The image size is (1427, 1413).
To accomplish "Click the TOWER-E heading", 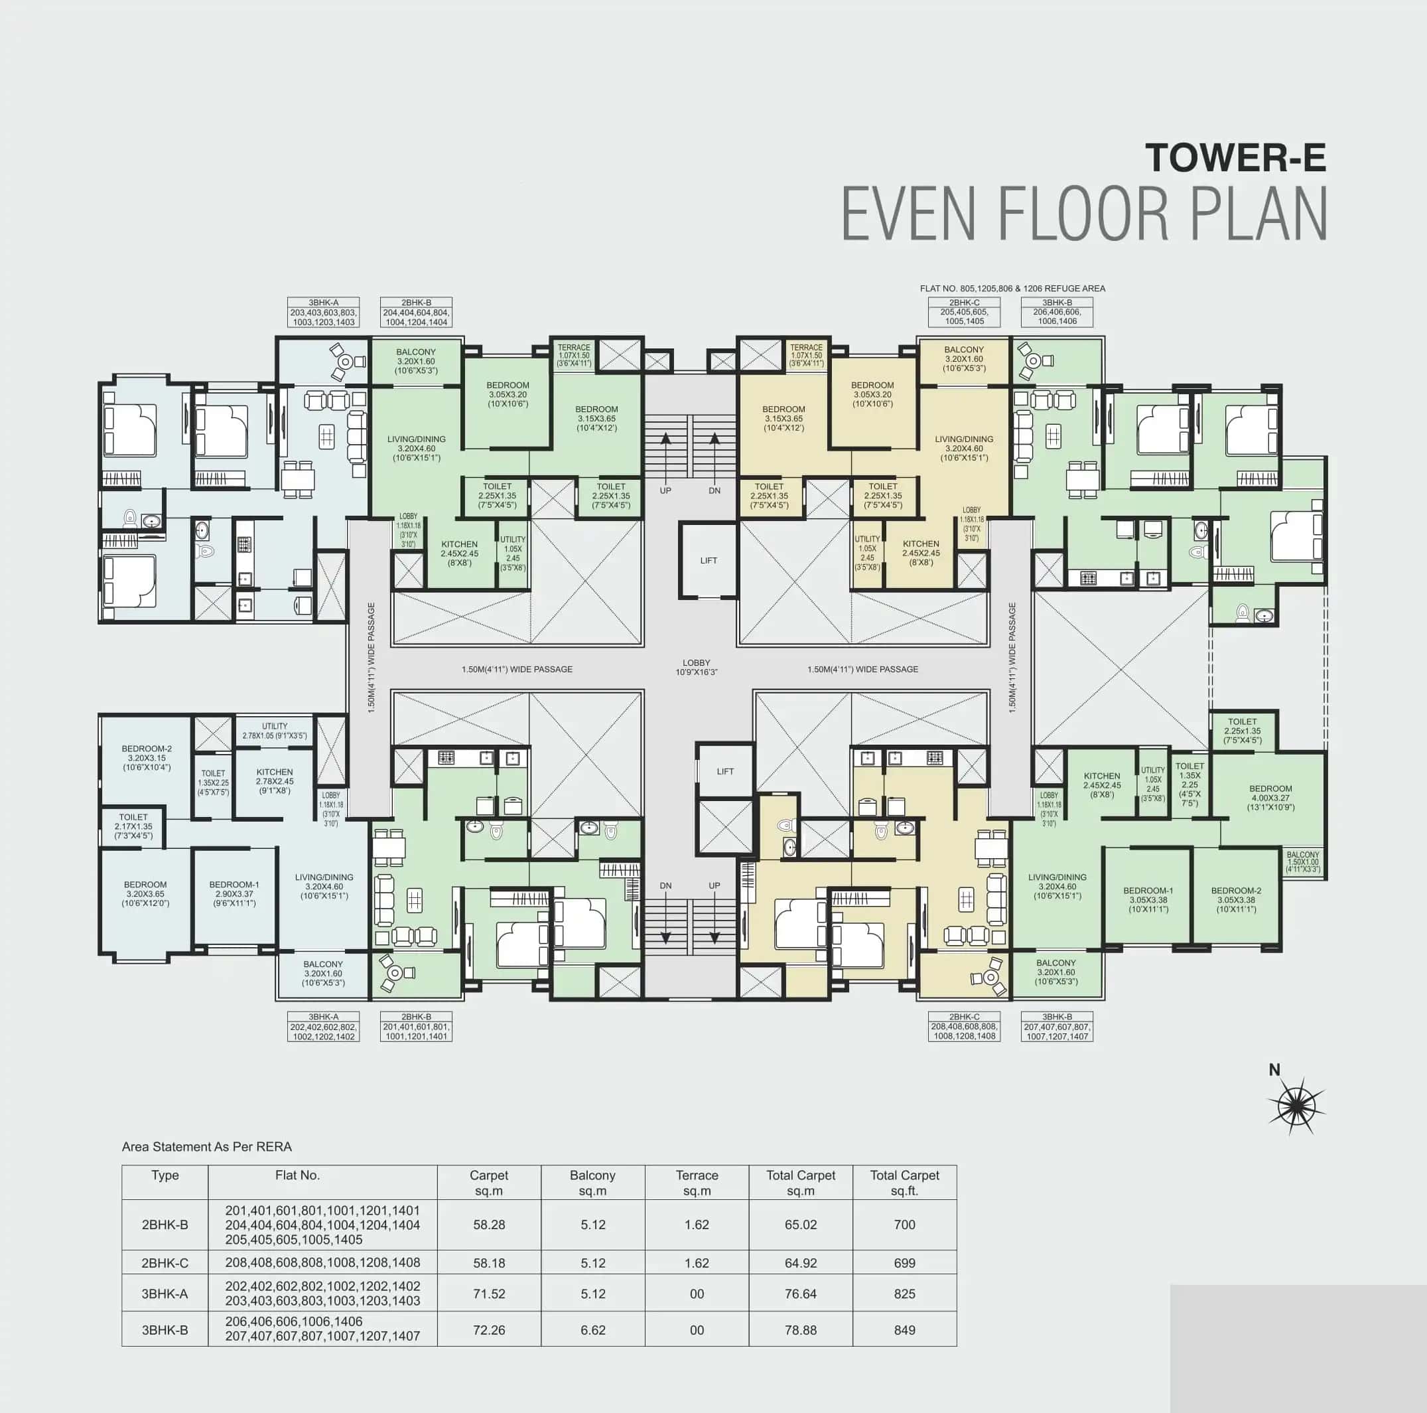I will point(1235,157).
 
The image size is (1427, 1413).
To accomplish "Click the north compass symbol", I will point(1296,1106).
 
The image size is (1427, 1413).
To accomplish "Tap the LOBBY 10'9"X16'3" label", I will point(696,667).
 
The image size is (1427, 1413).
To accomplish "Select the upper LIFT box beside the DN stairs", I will point(708,560).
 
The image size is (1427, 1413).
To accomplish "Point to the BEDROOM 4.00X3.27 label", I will point(1270,797).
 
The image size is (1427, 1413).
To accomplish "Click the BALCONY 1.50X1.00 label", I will point(1303,861).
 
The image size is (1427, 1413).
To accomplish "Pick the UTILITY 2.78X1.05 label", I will point(274,731).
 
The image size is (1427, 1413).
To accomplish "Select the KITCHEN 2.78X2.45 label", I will point(274,781).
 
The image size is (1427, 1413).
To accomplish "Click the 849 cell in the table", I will point(904,1329).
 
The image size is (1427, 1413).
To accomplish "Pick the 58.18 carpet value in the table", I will point(488,1263).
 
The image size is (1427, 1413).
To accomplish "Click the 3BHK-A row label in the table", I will point(165,1294).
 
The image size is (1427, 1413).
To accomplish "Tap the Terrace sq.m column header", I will point(697,1183).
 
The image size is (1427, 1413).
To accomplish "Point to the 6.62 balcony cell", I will point(592,1329).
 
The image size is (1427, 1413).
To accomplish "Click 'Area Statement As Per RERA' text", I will point(207,1147).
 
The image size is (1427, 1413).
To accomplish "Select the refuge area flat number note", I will point(1012,288).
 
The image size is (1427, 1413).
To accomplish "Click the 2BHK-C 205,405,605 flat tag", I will point(964,312).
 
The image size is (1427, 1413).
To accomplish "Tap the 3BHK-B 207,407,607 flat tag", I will point(1056,1027).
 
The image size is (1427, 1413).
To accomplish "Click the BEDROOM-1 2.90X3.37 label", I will point(234,893).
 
